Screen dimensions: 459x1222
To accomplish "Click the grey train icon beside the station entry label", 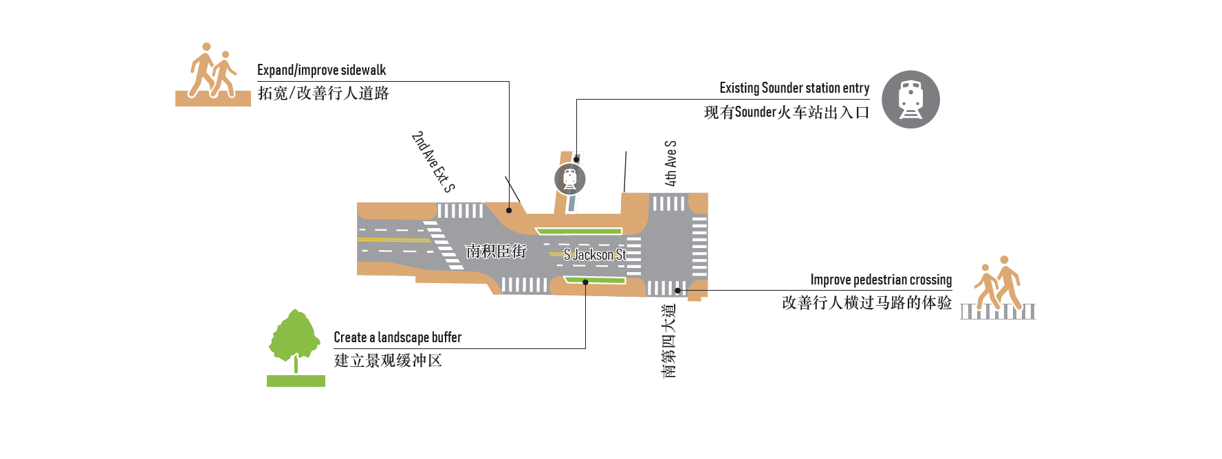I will [x=910, y=100].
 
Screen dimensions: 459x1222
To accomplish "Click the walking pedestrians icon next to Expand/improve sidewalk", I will [x=213, y=74].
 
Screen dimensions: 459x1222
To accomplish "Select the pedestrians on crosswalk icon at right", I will [x=999, y=289].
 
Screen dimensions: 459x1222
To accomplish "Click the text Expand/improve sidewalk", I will [x=321, y=70].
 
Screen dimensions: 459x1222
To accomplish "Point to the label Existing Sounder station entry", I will [x=794, y=88].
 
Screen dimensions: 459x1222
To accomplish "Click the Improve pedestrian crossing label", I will [x=881, y=280].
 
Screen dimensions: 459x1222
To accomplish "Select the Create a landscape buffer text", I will [x=397, y=337].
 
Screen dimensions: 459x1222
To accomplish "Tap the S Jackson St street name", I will [x=595, y=255].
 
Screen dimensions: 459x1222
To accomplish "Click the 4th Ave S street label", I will [x=670, y=164].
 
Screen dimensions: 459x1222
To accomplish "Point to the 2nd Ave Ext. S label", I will [x=433, y=162].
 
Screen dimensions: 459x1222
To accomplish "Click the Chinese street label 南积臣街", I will [x=496, y=251].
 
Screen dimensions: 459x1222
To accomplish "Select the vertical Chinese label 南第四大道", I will [x=669, y=341].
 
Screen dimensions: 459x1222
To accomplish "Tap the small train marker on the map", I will [x=570, y=179].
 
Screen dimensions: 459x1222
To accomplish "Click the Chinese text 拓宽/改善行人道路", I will [x=323, y=93].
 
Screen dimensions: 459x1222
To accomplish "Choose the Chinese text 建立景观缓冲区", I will [x=388, y=361].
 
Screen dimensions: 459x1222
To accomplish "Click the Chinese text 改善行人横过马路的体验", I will [x=866, y=303].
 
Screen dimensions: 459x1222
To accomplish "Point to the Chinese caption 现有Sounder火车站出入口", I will [x=787, y=112].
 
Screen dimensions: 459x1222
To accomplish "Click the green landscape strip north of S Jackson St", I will [x=579, y=231].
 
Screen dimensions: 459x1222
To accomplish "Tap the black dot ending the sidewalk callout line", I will [x=509, y=210].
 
